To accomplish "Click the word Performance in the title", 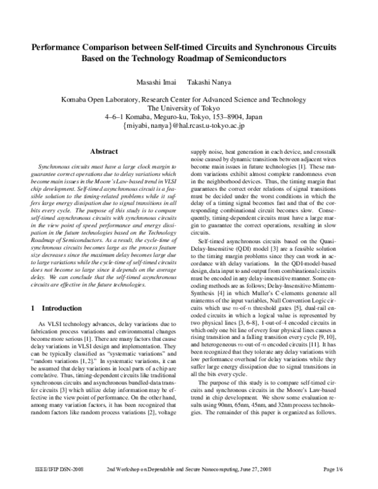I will point(57,47).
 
